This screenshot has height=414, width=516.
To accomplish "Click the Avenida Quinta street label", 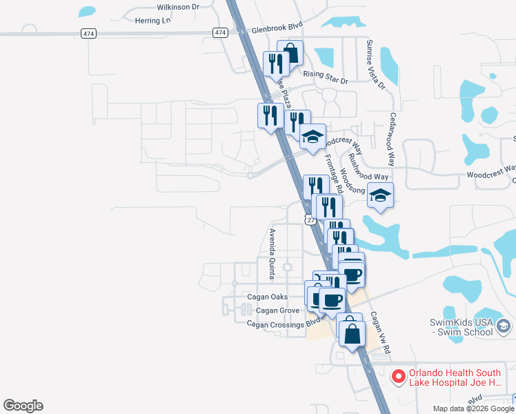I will coord(272,253).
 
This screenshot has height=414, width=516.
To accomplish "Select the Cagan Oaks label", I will coord(268,297).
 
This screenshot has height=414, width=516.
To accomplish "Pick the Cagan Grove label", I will coord(277,310).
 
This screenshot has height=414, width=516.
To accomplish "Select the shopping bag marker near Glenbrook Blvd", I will coord(290,53).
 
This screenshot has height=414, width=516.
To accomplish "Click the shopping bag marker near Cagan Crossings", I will coord(351,333).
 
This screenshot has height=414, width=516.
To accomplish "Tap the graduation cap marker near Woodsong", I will coord(380,196).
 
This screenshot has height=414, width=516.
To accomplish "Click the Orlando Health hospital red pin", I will coord(398,377).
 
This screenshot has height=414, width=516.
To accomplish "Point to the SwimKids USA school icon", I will coord(504,325).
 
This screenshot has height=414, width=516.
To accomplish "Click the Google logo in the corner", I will coord(23,406).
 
